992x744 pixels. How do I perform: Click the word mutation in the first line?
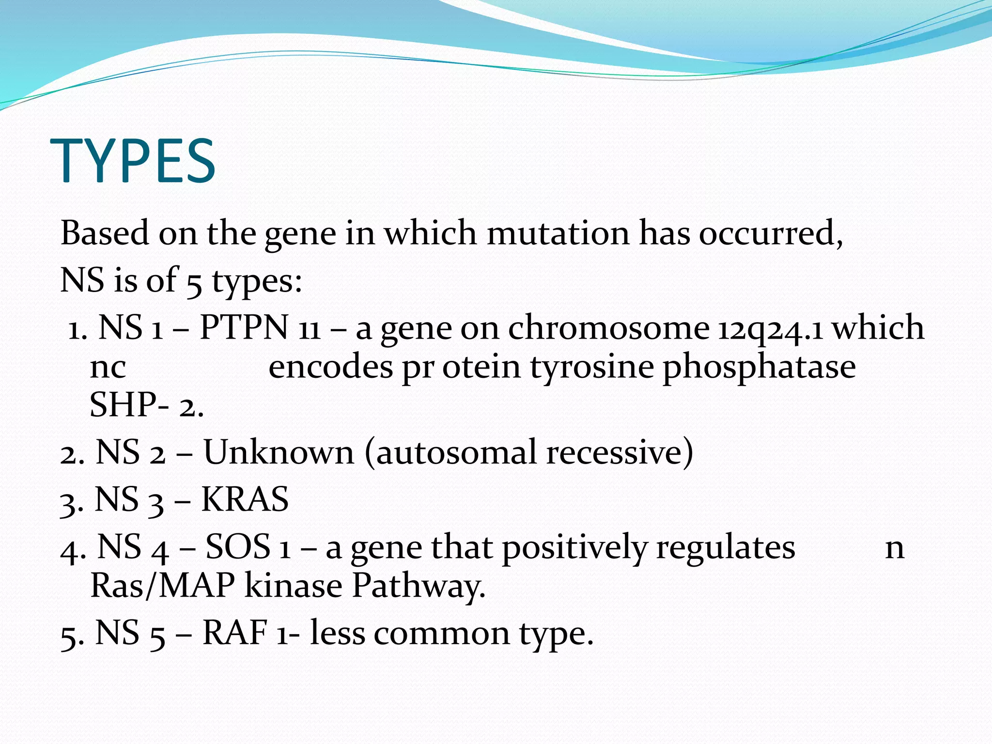click(558, 233)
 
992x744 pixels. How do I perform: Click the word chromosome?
click(608, 328)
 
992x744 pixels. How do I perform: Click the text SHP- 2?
click(146, 405)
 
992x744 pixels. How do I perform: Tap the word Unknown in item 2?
click(279, 452)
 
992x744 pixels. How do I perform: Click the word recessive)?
click(620, 452)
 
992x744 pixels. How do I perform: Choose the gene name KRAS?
click(245, 499)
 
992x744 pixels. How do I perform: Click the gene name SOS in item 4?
click(238, 547)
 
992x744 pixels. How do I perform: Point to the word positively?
click(574, 548)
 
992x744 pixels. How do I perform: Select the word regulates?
click(725, 548)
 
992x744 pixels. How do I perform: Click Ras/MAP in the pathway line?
click(163, 586)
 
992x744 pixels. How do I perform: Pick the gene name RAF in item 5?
click(235, 633)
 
